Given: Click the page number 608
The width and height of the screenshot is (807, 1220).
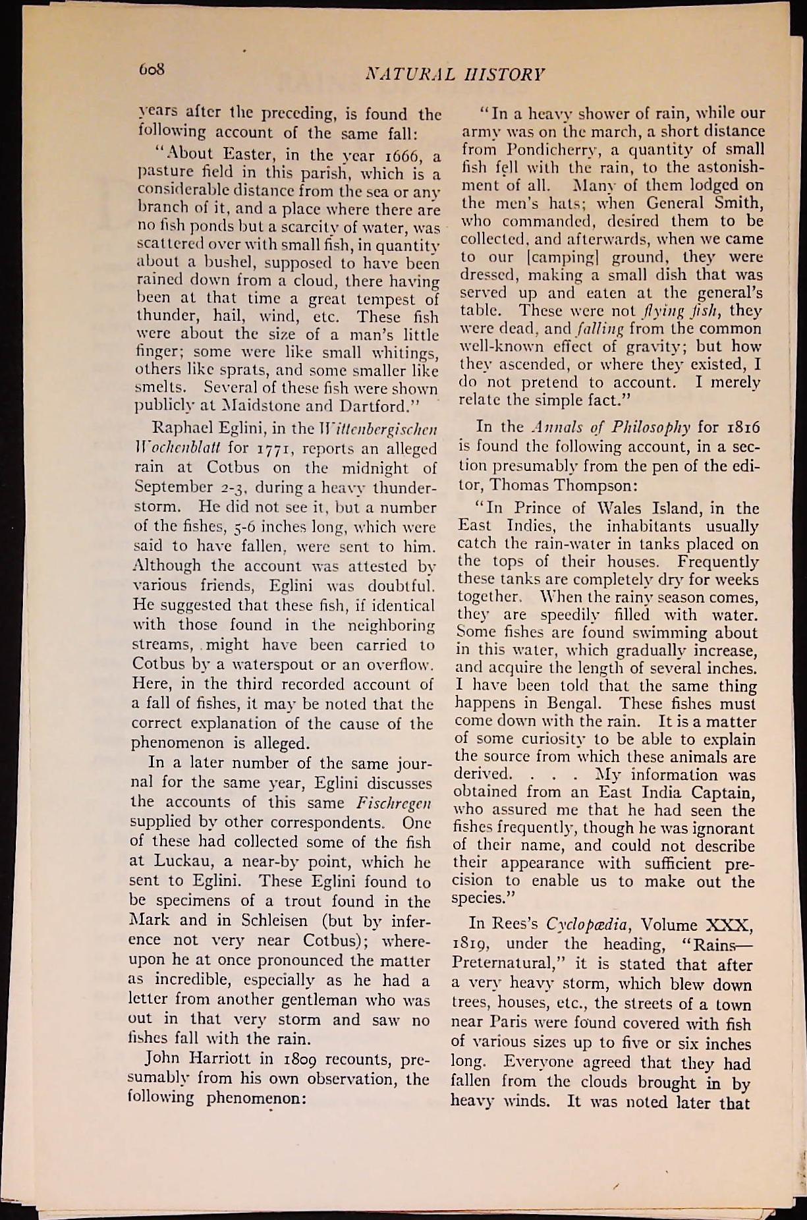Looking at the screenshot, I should coord(151,70).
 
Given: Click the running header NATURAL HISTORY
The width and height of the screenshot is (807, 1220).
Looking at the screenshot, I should coord(455,74).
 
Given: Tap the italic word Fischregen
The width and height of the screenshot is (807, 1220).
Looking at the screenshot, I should coord(394,803).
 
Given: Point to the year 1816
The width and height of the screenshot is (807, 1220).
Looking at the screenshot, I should coord(742,429).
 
